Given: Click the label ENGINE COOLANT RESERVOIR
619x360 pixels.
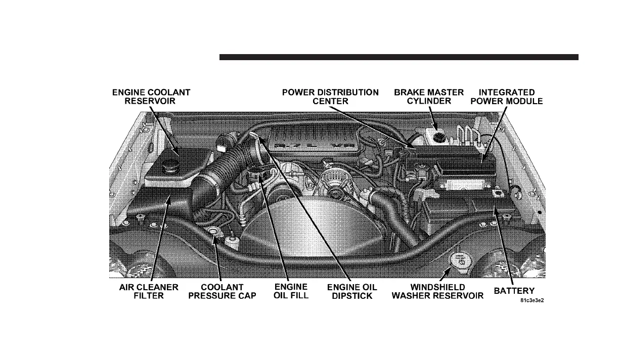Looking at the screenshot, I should [151, 97].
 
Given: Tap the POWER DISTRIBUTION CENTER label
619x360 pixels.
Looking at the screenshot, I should [330, 97].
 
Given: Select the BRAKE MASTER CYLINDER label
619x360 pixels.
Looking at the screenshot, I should [429, 97].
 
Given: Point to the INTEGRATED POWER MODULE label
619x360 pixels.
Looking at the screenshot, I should [510, 97].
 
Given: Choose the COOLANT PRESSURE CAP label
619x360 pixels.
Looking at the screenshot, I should [222, 291].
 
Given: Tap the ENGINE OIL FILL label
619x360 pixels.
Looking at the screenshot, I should [291, 291].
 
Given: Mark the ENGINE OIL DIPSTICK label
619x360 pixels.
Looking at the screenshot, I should [352, 291].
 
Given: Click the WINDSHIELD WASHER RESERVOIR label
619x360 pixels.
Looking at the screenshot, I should [437, 291].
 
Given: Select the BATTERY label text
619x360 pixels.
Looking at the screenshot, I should [514, 291].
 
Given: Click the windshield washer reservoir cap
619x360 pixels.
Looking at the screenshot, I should [460, 262].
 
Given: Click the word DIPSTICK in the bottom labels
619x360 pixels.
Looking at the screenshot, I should [352, 296].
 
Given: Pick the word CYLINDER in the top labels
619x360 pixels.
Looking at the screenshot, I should [429, 101].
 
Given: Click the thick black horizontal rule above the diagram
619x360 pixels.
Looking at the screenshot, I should [399, 58].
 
